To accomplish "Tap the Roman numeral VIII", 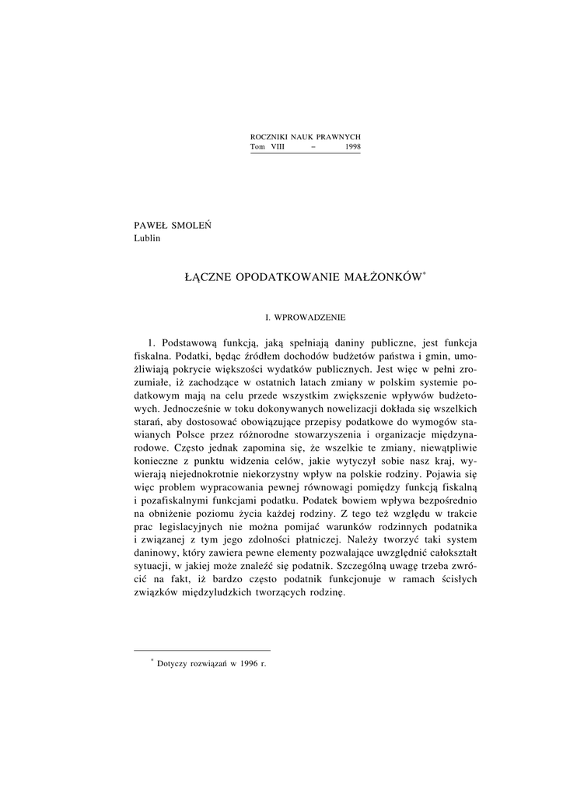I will [278, 146].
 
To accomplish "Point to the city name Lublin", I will [147, 238].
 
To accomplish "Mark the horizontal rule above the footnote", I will [202, 650].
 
